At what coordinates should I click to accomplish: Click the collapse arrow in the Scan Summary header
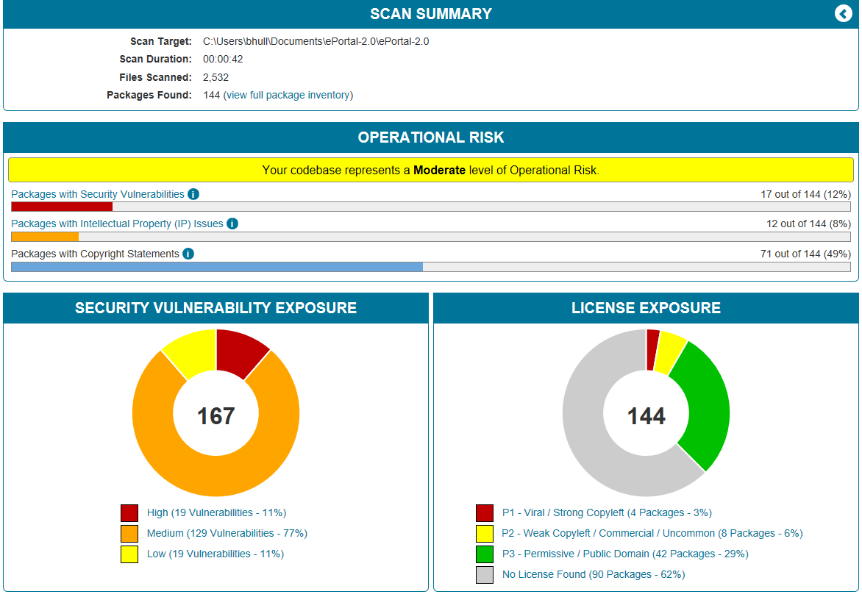[843, 14]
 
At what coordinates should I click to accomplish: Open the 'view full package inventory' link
[288, 95]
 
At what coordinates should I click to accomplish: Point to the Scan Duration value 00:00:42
[223, 59]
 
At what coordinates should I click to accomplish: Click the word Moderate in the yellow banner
[439, 171]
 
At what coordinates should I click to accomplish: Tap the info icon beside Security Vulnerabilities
[193, 194]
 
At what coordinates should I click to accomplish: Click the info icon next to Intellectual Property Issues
[232, 224]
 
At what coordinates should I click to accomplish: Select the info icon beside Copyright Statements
[188, 254]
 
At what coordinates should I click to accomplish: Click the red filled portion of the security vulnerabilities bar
[62, 207]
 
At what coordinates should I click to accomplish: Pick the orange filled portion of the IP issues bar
[45, 237]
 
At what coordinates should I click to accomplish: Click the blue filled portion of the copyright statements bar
[217, 267]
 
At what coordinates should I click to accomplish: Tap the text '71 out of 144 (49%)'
[805, 254]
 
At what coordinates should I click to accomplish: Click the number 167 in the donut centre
[215, 416]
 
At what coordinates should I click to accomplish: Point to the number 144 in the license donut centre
[646, 416]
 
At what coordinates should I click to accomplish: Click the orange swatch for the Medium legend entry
[129, 534]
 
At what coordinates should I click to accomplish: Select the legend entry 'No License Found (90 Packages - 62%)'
[593, 574]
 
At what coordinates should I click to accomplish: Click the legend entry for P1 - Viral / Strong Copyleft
[606, 513]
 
